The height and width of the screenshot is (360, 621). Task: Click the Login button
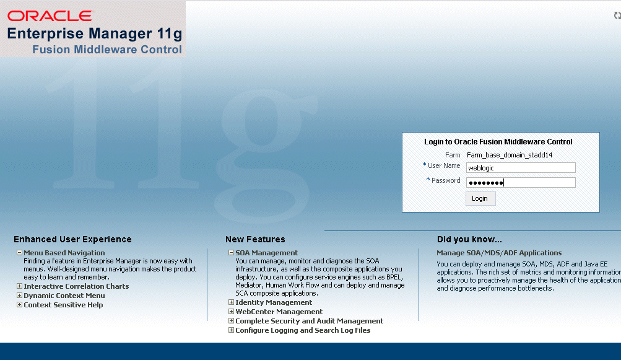[480, 198]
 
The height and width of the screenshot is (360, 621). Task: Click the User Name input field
[520, 167]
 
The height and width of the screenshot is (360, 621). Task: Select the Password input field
[520, 182]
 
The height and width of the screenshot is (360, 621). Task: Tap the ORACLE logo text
[50, 16]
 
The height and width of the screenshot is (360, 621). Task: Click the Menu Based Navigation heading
[64, 253]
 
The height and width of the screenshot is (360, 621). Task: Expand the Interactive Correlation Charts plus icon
[19, 286]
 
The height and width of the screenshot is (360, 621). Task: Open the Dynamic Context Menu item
[64, 296]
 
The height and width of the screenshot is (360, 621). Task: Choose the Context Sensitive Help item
[63, 305]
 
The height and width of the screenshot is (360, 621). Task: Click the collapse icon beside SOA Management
[231, 253]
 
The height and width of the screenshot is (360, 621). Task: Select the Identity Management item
[274, 302]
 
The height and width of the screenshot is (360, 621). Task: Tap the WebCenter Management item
[279, 312]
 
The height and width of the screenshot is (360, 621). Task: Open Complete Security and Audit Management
[309, 321]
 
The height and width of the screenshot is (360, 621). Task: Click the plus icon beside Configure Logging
[231, 330]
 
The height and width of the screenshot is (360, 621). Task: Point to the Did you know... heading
[469, 239]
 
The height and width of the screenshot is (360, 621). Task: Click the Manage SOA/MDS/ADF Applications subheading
[499, 253]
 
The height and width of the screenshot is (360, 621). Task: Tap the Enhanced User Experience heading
[72, 239]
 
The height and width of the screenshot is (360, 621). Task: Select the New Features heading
[255, 239]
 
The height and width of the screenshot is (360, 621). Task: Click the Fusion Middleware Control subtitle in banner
[107, 50]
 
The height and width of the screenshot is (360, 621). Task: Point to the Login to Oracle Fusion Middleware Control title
[498, 142]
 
